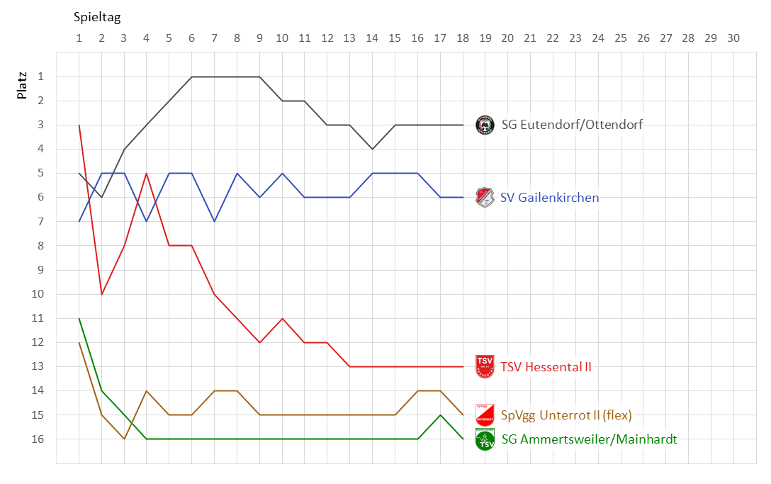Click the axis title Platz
[x=23, y=84]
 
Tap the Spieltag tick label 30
[x=733, y=38]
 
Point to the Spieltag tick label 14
[x=372, y=38]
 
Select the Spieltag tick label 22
[x=552, y=38]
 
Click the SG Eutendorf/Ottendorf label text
[x=572, y=125]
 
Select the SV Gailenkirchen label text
[x=549, y=198]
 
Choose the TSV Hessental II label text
[x=546, y=367]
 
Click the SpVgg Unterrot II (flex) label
[x=566, y=415]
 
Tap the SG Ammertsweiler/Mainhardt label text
[x=589, y=439]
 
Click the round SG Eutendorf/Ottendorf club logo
[x=485, y=125]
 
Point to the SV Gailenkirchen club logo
[x=485, y=197]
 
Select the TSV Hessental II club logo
[x=485, y=366]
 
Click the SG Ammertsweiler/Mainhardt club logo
[x=485, y=439]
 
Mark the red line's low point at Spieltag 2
[x=102, y=294]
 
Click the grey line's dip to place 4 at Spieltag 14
[x=372, y=149]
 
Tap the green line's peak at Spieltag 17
[x=440, y=415]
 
